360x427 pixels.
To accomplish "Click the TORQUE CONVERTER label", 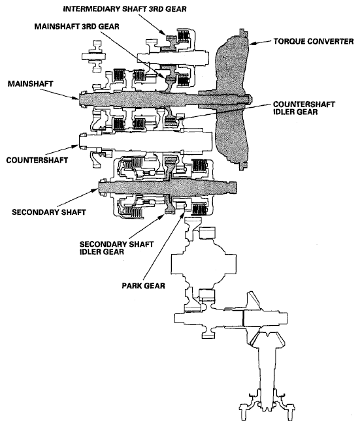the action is pyautogui.click(x=314, y=41).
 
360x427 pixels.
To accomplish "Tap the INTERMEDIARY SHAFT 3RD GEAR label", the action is pyautogui.click(x=125, y=9).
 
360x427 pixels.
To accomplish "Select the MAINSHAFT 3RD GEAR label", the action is pyautogui.click(x=77, y=27).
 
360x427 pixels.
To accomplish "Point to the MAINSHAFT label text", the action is pyautogui.click(x=30, y=84).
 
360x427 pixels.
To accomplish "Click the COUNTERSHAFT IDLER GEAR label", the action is pyautogui.click(x=304, y=108).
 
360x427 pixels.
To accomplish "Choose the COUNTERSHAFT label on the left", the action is pyautogui.click(x=37, y=160).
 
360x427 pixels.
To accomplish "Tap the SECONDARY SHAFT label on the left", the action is pyautogui.click(x=49, y=212).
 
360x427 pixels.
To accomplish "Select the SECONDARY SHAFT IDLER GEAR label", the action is pyautogui.click(x=117, y=248).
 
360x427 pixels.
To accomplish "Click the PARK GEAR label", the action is pyautogui.click(x=143, y=286).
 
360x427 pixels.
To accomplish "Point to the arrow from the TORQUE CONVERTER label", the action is pyautogui.click(x=261, y=42).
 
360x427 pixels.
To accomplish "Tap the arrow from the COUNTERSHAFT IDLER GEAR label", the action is pyautogui.click(x=227, y=112).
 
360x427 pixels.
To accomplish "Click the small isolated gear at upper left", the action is pyautogui.click(x=93, y=56).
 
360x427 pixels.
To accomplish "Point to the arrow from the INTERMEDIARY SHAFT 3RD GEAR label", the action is pyautogui.click(x=152, y=24).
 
